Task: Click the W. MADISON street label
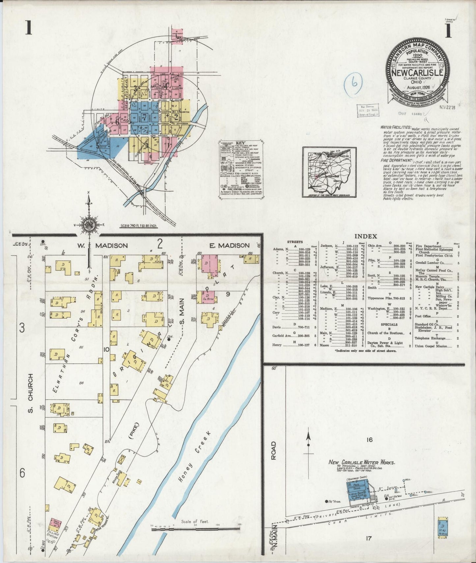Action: click(102, 245)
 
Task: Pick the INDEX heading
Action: click(365, 236)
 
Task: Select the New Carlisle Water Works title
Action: click(361, 463)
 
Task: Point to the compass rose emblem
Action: click(89, 225)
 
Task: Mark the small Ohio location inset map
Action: click(329, 172)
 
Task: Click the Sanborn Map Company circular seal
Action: click(416, 68)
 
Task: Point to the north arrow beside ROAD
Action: click(309, 441)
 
